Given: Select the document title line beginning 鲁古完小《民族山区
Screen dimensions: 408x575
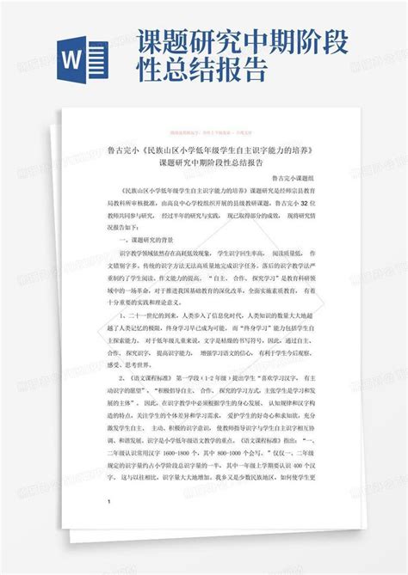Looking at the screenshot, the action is click(204, 150).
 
